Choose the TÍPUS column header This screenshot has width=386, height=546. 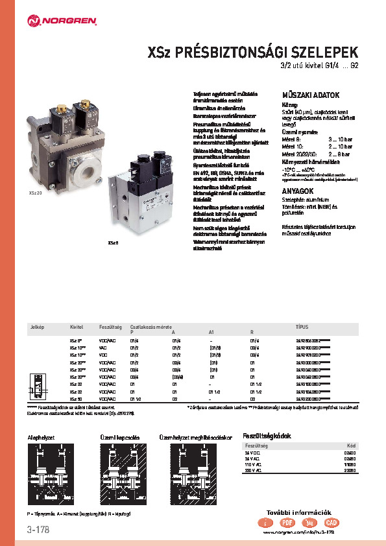click(302, 327)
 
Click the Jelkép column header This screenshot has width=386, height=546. click(37, 327)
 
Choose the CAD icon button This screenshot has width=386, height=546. click(331, 522)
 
